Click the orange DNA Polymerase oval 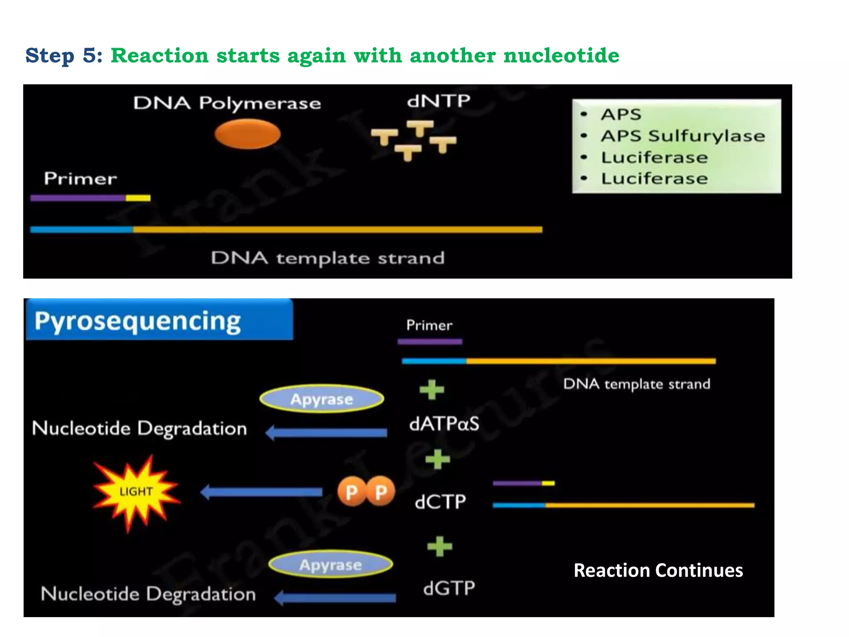pos(247,134)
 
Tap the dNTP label pos(439,101)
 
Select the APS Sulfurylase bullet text pos(683,136)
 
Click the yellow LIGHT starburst pos(136,492)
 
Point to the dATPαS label pos(444,424)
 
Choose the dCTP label pos(440,502)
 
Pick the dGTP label pos(449,588)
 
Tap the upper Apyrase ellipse pos(322,399)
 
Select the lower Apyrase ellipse pos(330,564)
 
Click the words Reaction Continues pos(658,570)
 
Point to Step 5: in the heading pos(64,55)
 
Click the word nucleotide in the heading pos(561,55)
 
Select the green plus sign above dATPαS pos(432,389)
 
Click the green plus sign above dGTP pos(440,546)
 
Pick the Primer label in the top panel pos(80,178)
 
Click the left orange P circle pos(351,492)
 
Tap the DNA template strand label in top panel pos(327,258)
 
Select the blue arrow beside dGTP pos(335,598)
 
